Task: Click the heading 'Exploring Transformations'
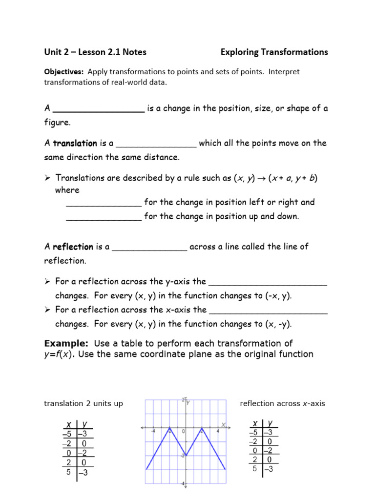274,52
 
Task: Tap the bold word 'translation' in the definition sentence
75,144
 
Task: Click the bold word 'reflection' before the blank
73,247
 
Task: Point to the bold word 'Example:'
66,343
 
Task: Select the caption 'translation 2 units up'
83,403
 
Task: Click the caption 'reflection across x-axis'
282,403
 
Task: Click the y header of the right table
271,423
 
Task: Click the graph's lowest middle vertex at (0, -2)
186,455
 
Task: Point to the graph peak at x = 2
202,430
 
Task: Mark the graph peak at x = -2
169,430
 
